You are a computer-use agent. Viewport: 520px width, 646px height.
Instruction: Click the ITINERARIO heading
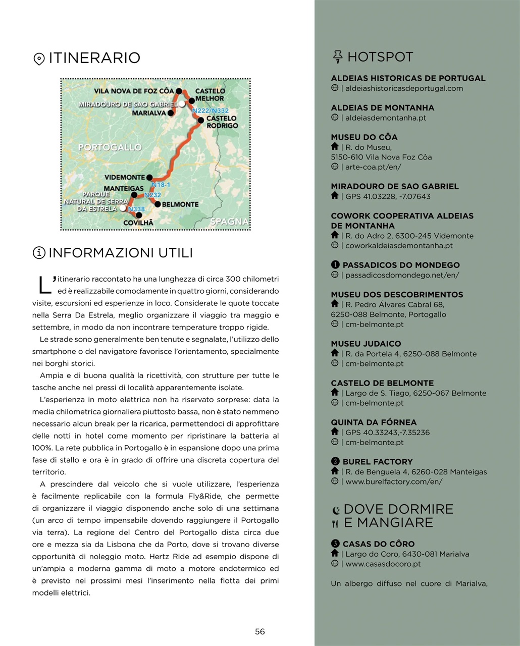94,58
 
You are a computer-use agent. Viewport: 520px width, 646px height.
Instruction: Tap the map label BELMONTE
180,204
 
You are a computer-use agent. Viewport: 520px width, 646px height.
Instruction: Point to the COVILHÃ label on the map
138,223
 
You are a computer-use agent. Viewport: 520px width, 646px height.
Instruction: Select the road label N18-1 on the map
161,185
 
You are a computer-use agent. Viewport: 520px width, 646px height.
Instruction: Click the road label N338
136,209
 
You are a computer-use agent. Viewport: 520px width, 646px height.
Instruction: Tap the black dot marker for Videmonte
149,178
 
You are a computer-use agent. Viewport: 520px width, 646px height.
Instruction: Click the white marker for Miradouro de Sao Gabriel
182,104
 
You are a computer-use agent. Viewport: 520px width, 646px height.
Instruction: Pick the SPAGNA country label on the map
229,222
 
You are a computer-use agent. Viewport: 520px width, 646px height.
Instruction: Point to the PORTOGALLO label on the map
110,147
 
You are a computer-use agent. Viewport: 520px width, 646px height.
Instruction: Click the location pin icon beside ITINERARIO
39,59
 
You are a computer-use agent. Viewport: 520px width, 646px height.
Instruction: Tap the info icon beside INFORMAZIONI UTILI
39,253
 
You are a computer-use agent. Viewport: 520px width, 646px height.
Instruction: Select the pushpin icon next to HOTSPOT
338,57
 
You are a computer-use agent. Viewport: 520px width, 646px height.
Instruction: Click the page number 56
259,631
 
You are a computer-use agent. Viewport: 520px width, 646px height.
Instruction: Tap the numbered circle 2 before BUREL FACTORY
335,461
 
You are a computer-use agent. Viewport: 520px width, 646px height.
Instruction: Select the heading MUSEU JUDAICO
366,344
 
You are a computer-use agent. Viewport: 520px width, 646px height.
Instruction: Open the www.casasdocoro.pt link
383,564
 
